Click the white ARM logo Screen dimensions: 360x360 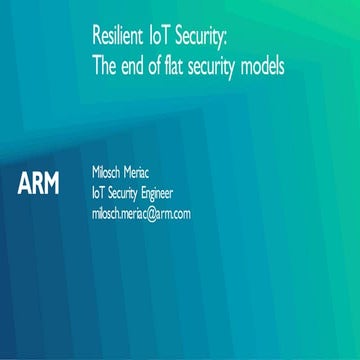(x=39, y=184)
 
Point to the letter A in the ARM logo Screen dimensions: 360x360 (x=25, y=184)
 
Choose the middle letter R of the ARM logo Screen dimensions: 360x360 (x=38, y=184)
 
